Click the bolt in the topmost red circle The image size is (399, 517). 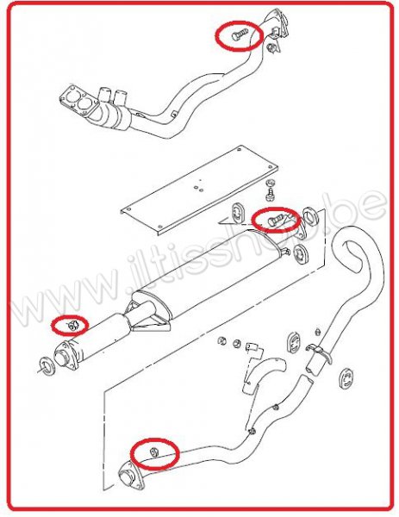pyautogui.click(x=240, y=34)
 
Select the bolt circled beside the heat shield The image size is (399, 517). pyautogui.click(x=276, y=219)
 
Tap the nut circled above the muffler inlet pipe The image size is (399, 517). pyautogui.click(x=72, y=325)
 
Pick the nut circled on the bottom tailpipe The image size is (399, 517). pyautogui.click(x=154, y=451)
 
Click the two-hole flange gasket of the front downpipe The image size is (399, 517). pyautogui.click(x=76, y=98)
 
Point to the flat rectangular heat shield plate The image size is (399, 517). pyautogui.click(x=200, y=190)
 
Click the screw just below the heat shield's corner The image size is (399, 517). pyautogui.click(x=270, y=195)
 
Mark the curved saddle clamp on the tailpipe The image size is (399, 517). pyautogui.click(x=318, y=352)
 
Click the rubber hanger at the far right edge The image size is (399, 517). pyautogui.click(x=346, y=378)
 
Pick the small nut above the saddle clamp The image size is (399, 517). pyautogui.click(x=317, y=332)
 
